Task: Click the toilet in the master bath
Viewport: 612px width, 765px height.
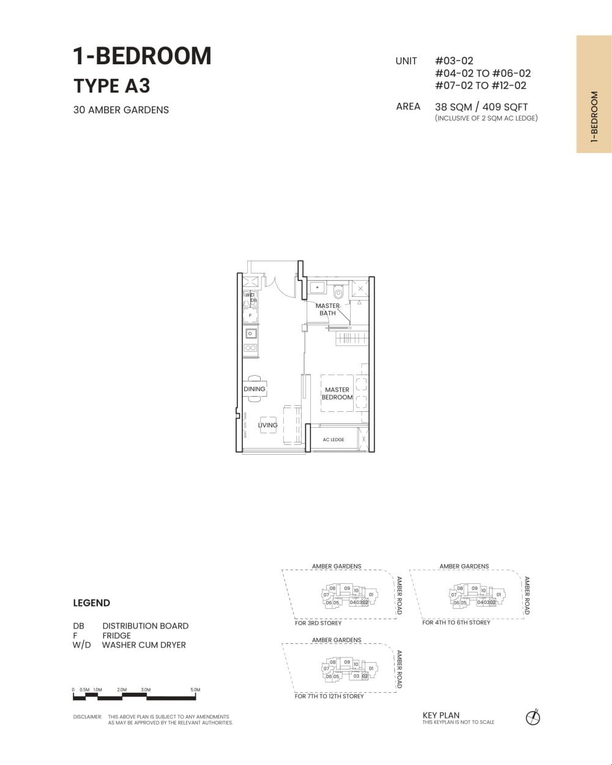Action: coord(338,293)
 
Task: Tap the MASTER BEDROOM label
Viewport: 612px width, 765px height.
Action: coord(337,394)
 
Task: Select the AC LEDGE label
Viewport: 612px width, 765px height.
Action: coord(334,439)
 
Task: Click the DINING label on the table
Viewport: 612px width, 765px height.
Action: coord(255,389)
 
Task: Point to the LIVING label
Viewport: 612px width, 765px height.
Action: coord(267,425)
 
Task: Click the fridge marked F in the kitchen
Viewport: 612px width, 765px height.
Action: coord(250,316)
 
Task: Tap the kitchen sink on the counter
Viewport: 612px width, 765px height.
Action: coord(250,334)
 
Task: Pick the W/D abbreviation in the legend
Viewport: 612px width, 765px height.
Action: coord(81,645)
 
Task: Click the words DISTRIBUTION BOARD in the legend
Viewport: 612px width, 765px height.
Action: coord(145,626)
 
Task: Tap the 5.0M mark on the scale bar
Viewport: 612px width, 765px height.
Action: coord(195,690)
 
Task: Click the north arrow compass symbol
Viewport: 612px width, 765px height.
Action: coord(533,717)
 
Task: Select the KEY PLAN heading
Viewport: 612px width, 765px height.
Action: coord(441,715)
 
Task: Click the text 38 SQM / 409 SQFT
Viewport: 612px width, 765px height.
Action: coord(481,106)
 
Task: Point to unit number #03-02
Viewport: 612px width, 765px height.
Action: coord(453,61)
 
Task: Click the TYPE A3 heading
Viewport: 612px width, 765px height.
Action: coord(111,86)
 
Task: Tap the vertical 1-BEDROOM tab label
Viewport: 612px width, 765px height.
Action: coord(594,118)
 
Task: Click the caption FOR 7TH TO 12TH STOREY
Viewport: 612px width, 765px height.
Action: coord(329,696)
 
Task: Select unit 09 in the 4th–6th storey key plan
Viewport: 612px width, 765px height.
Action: coord(474,588)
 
